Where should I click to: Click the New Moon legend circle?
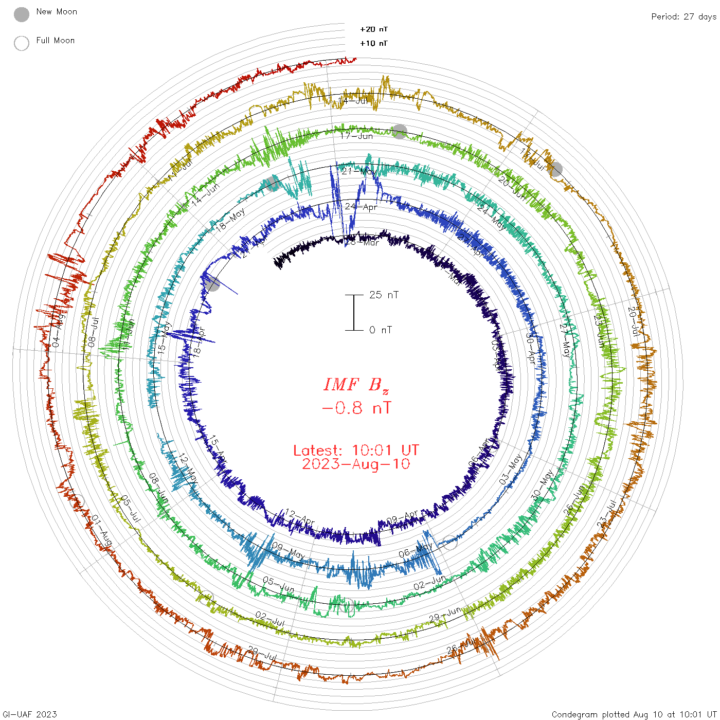pos(22,14)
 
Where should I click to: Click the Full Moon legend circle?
pos(22,43)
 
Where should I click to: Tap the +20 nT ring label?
pos(374,29)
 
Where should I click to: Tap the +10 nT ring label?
pos(374,43)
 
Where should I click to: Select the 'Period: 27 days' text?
pos(683,16)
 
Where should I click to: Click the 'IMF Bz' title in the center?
pos(356,385)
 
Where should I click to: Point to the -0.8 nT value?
pos(356,408)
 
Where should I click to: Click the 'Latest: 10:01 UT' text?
pos(356,451)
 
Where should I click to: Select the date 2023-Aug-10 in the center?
pos(356,464)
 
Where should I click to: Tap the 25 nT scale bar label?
pos(384,295)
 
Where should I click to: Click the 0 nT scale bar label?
pos(381,330)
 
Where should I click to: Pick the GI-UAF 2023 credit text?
pos(29,714)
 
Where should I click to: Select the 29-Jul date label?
pos(263,654)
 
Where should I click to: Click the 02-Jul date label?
pos(270,619)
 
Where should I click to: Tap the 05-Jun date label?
pos(278,584)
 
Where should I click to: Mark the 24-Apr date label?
pos(361,207)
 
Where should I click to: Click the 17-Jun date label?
pos(356,136)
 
